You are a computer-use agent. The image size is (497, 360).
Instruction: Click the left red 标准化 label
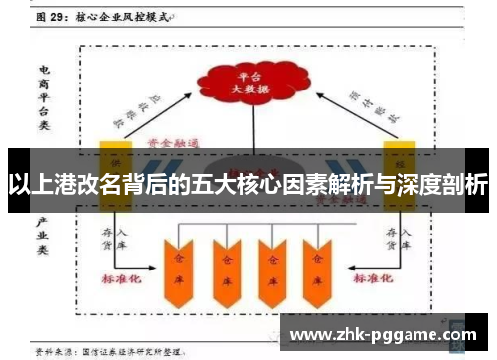tap(123, 281)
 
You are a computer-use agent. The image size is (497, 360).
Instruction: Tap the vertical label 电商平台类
tap(45, 95)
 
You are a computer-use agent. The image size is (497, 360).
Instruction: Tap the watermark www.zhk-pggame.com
tap(389, 336)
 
